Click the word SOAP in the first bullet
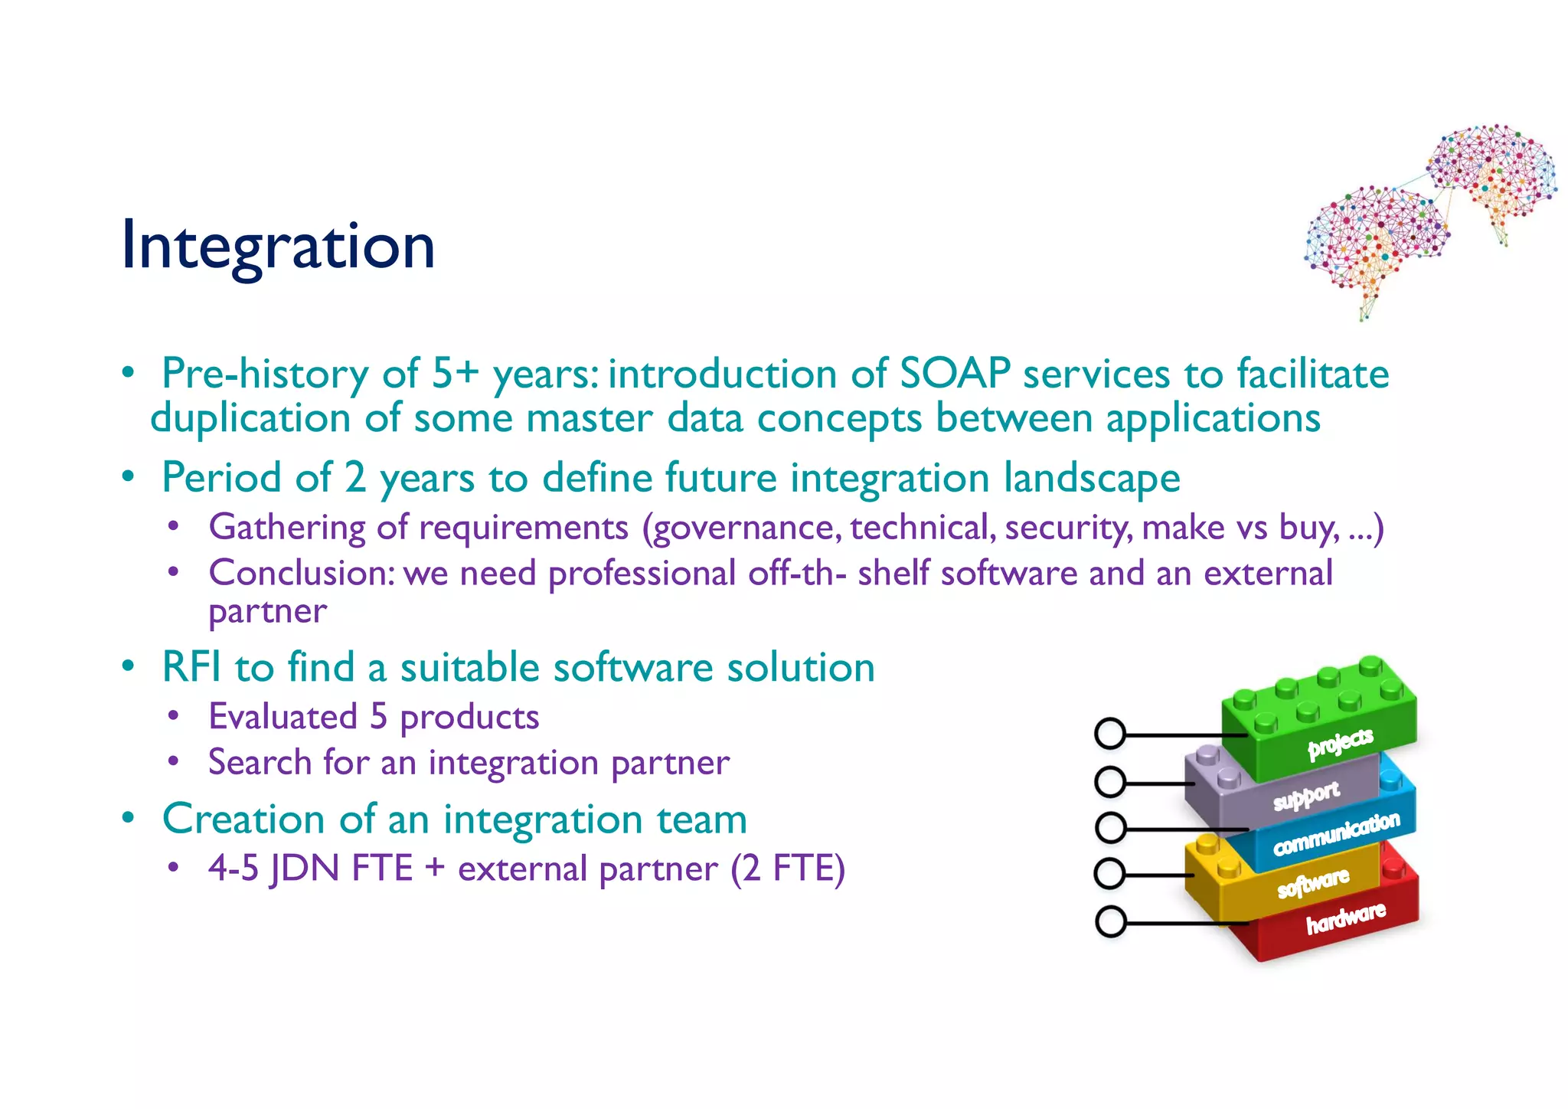[x=955, y=375]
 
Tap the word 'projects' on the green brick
[x=1340, y=743]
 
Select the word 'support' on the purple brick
[x=1306, y=797]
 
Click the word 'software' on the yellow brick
[x=1313, y=882]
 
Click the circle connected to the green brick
[x=1110, y=734]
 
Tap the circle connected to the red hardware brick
[x=1110, y=921]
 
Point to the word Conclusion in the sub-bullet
[x=301, y=573]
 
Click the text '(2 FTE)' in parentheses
[x=788, y=869]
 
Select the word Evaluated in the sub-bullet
[x=283, y=717]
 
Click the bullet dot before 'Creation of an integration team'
[x=129, y=817]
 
